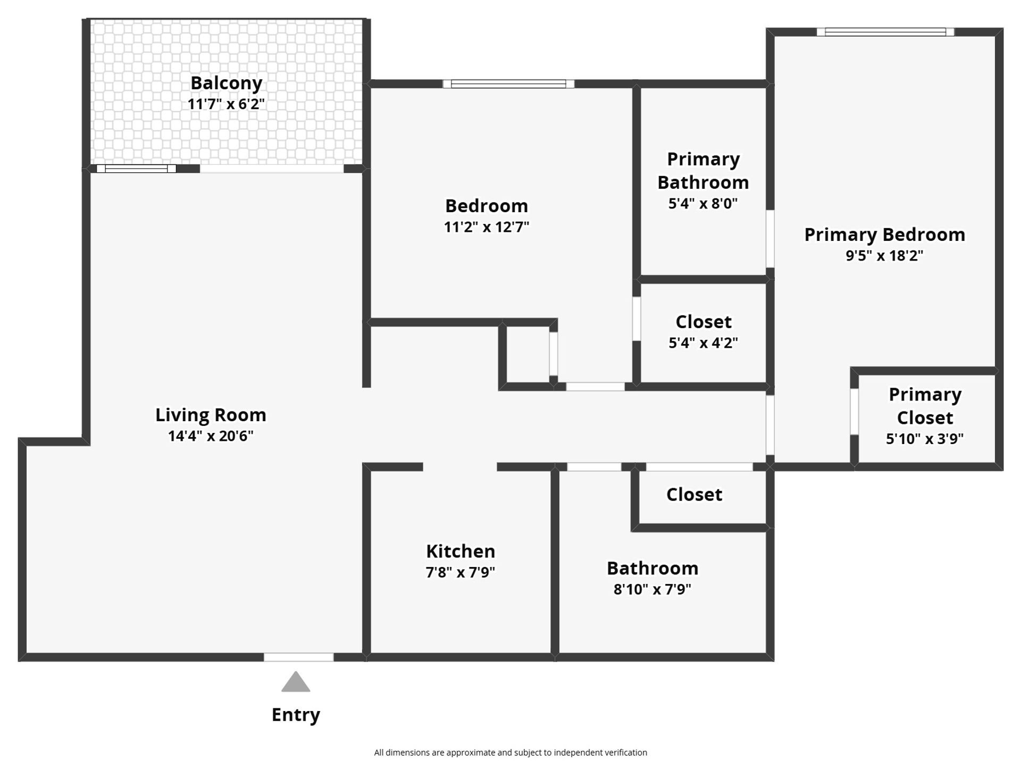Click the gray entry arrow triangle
[x=296, y=683]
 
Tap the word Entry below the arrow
[x=296, y=715]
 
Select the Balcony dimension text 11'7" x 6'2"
[x=226, y=104]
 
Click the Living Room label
[x=211, y=415]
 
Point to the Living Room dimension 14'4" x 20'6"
[x=211, y=436]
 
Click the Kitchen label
[x=461, y=551]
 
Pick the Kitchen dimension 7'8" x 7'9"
[x=461, y=572]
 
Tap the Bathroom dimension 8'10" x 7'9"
[x=652, y=589]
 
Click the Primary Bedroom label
[x=884, y=235]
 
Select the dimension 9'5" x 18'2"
[x=884, y=256]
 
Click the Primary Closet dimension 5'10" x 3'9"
[x=925, y=439]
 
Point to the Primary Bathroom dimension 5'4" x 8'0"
[x=703, y=203]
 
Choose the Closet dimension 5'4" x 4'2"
[x=703, y=343]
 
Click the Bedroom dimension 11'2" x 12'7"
[x=487, y=227]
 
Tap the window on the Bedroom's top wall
[x=508, y=83]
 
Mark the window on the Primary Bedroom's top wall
[x=885, y=32]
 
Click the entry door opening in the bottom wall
[x=299, y=657]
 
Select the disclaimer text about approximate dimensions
[x=510, y=752]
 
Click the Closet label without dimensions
[x=694, y=495]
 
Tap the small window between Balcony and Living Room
[x=136, y=169]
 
